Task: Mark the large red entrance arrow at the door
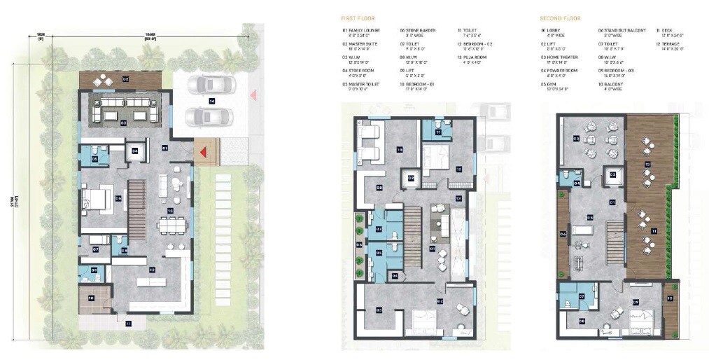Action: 204,151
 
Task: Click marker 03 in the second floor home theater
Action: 576,139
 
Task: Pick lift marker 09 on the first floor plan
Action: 412,178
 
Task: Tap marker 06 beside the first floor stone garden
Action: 359,244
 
